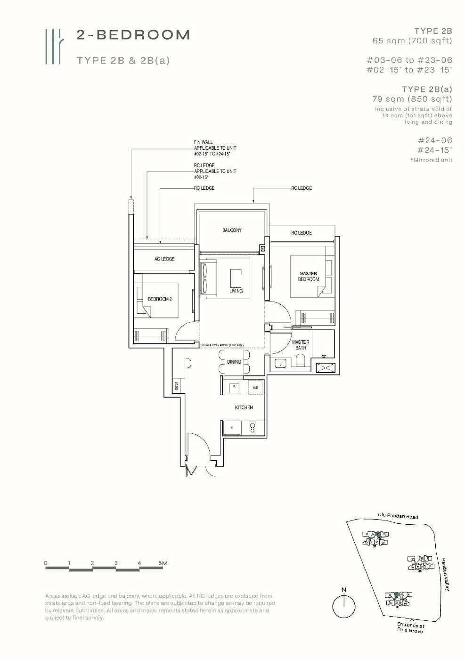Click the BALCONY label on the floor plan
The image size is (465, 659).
[x=232, y=230]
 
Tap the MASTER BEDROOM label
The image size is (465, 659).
[x=308, y=277]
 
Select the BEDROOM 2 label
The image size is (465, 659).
[x=160, y=299]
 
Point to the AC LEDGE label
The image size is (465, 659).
[x=164, y=259]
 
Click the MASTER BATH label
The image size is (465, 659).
[x=301, y=345]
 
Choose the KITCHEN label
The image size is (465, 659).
[x=244, y=407]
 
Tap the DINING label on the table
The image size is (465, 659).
[x=234, y=362]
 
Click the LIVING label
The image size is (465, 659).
[x=236, y=291]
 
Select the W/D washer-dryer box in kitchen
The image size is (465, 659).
[x=255, y=388]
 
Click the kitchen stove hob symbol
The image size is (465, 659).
[x=252, y=428]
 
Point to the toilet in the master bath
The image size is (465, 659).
[x=300, y=362]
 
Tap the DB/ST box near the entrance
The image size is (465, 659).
[x=176, y=386]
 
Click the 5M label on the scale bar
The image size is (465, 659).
[x=163, y=563]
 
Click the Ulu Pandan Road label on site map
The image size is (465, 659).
[x=398, y=516]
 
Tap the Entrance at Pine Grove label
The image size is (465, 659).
[x=410, y=628]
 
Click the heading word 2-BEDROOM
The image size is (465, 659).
[x=133, y=35]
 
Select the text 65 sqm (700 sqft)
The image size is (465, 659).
[x=412, y=41]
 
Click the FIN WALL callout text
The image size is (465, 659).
[x=203, y=142]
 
